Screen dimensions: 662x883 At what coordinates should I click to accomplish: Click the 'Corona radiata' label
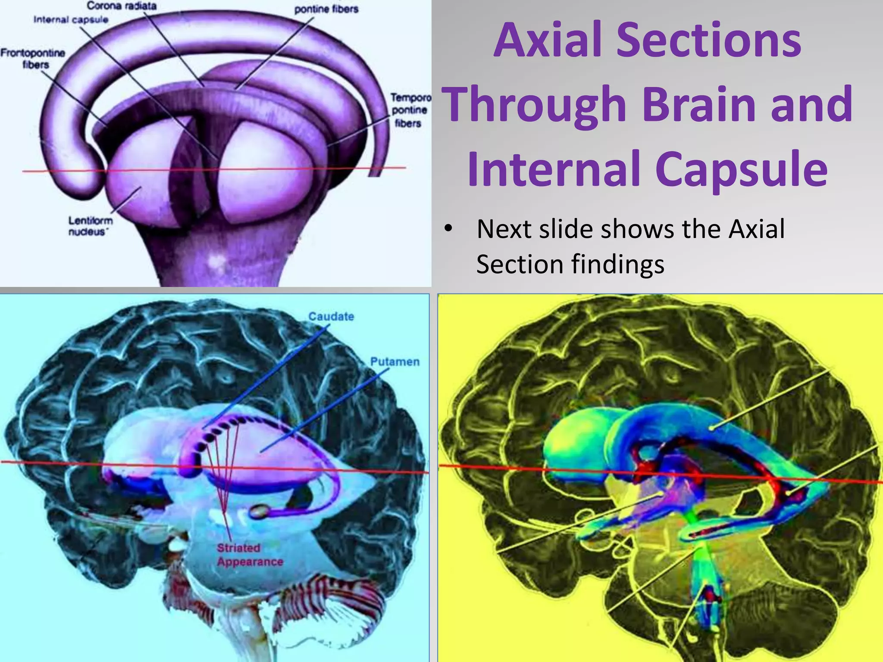[x=122, y=6]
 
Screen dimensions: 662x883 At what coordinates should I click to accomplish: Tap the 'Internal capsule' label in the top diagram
[x=71, y=20]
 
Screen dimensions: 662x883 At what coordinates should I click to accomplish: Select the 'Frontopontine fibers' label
[x=33, y=59]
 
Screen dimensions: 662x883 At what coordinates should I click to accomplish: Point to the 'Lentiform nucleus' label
[x=91, y=226]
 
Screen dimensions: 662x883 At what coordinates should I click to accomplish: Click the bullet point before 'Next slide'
[x=448, y=229]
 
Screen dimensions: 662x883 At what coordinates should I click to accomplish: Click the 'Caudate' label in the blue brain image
[x=331, y=316]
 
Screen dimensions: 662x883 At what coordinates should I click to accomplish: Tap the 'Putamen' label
[x=395, y=362]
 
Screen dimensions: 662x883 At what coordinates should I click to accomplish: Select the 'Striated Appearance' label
[x=250, y=555]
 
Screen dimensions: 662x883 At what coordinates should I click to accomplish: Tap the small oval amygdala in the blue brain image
[x=259, y=512]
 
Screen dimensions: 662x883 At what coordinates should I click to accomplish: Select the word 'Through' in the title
[x=535, y=105]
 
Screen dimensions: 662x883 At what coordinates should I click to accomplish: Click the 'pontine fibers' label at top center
[x=326, y=9]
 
